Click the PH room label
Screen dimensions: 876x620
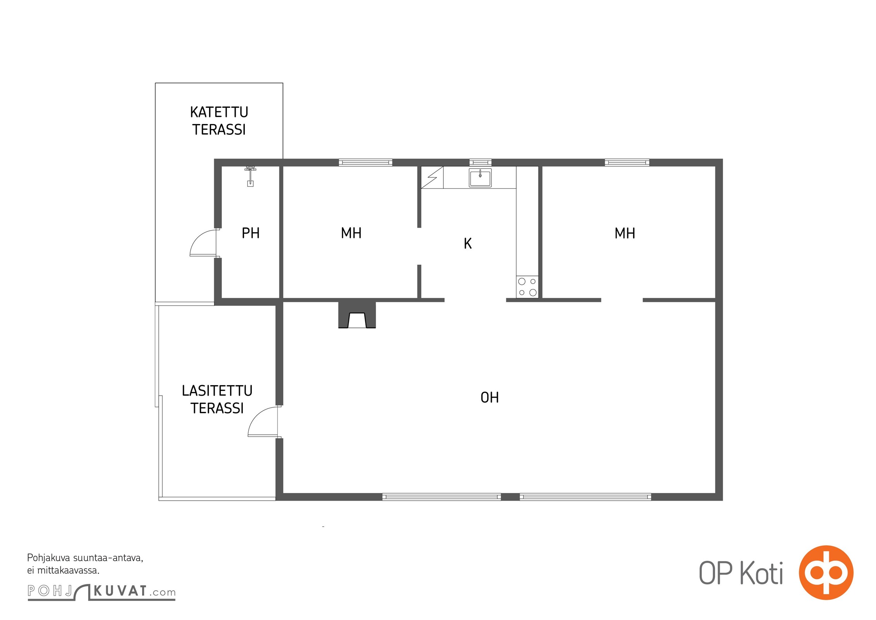(x=251, y=233)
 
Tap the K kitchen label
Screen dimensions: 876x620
(x=468, y=243)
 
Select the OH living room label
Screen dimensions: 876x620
(x=490, y=398)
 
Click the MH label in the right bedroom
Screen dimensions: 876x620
(x=625, y=233)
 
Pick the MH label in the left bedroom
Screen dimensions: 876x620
(x=351, y=233)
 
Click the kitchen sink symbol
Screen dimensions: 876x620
(x=480, y=178)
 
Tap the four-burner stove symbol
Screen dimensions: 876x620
(x=527, y=287)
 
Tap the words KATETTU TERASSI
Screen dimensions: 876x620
(x=219, y=121)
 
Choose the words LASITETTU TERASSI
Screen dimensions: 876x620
(x=217, y=399)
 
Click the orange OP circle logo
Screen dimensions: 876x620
(x=826, y=572)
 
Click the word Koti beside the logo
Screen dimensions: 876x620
(x=762, y=573)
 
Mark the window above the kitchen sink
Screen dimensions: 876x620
(x=481, y=162)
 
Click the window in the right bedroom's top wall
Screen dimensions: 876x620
(x=627, y=162)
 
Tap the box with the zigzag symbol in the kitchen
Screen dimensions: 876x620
(x=432, y=177)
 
